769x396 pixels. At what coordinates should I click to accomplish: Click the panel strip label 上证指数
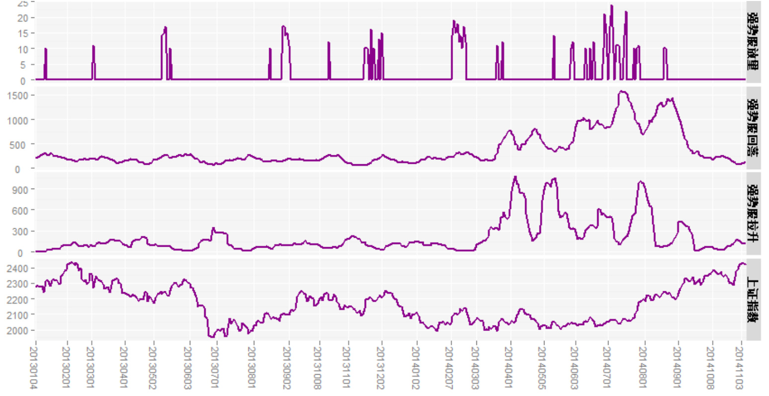click(753, 300)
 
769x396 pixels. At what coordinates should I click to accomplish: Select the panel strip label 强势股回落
click(753, 128)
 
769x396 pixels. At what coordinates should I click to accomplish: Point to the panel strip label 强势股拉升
click(753, 213)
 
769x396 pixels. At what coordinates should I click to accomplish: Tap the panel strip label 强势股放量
click(753, 42)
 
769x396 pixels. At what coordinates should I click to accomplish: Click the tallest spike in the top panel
click(612, 6)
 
